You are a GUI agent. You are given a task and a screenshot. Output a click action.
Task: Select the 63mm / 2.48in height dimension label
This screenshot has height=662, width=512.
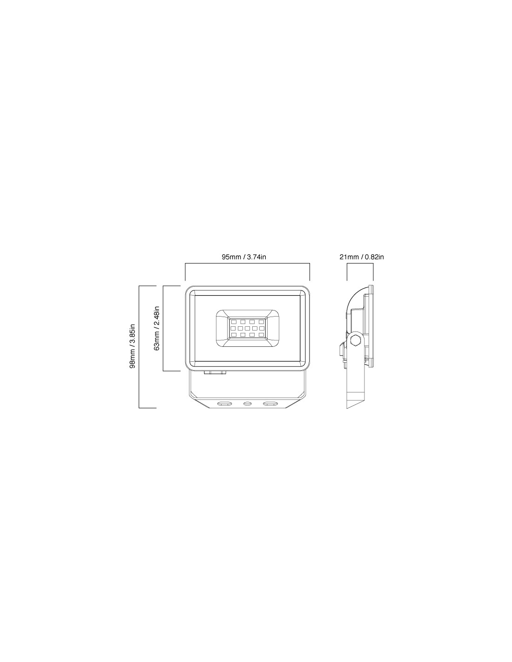[157, 328]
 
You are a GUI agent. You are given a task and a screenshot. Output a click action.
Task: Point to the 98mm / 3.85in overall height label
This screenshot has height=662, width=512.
[133, 346]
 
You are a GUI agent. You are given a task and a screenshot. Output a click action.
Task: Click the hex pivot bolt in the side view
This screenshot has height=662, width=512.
[355, 339]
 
